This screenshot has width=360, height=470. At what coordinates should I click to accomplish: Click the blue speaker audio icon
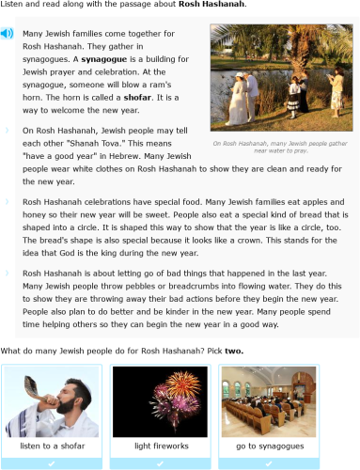click(8, 34)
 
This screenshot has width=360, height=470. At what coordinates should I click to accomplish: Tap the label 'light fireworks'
click(161, 445)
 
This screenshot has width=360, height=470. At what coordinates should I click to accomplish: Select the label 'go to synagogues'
click(267, 445)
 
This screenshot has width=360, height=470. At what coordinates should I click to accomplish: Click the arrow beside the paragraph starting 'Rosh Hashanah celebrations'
click(8, 201)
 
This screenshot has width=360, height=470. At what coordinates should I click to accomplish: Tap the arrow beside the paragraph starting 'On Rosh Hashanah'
click(8, 131)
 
